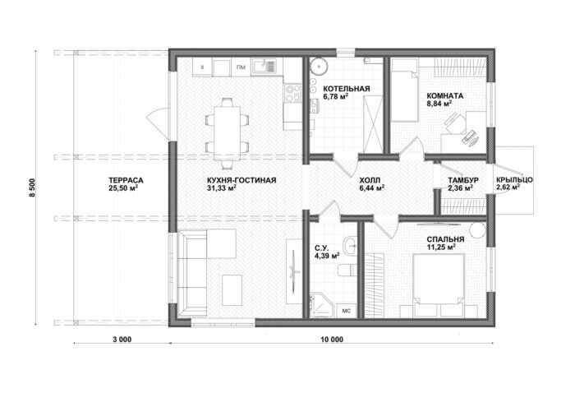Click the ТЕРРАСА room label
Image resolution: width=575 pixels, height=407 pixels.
[x=126, y=180]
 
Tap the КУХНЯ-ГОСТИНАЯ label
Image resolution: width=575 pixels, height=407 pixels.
[x=241, y=180]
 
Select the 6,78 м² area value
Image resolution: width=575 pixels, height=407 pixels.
[x=335, y=96]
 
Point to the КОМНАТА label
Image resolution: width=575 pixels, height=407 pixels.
[x=445, y=95]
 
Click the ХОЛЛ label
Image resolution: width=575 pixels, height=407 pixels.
[x=370, y=180]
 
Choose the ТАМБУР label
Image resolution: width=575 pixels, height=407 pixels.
[x=462, y=180]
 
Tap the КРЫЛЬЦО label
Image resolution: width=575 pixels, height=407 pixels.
[x=514, y=180]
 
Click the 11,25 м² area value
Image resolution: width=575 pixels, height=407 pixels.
[x=441, y=247]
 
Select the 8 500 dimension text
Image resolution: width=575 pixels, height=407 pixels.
[x=33, y=187]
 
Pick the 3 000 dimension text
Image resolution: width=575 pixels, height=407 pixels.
[x=122, y=340]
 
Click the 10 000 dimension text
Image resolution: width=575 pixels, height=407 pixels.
[x=332, y=340]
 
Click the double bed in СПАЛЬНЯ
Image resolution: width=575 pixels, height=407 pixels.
[x=439, y=284]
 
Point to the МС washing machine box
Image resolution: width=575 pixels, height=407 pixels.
[x=346, y=311]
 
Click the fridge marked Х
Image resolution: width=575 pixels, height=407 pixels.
[x=203, y=67]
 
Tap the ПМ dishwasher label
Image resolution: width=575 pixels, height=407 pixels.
[x=241, y=67]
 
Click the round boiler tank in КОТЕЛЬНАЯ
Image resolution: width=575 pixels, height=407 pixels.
[x=318, y=67]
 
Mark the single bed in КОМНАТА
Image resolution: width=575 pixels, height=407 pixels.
[x=404, y=90]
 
